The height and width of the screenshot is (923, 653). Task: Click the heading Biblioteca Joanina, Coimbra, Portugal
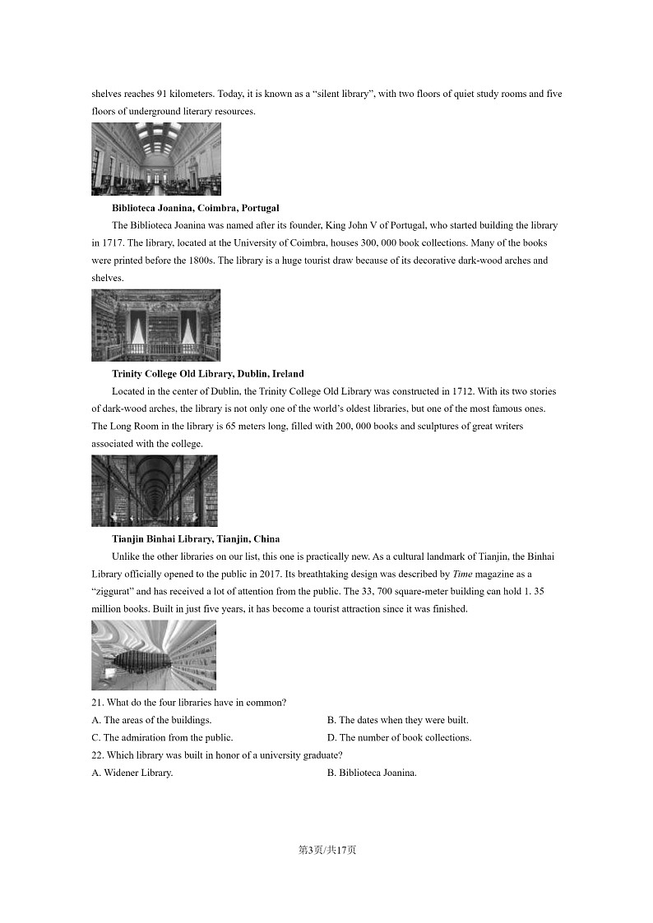click(195, 208)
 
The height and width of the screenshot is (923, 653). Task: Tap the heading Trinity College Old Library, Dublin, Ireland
click(207, 374)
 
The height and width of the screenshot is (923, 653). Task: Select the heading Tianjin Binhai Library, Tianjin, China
click(196, 539)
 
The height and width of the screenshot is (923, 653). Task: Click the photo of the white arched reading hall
click(156, 159)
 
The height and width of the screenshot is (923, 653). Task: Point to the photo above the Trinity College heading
click(156, 325)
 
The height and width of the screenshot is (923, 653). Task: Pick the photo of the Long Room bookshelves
click(155, 491)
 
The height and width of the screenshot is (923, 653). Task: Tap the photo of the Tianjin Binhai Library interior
click(154, 655)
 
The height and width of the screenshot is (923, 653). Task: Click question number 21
click(98, 703)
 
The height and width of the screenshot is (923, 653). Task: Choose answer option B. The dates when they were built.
click(397, 720)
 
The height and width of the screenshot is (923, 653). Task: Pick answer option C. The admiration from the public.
click(162, 737)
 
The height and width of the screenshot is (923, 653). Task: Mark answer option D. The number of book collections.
click(399, 737)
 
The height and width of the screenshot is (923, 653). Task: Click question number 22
click(98, 755)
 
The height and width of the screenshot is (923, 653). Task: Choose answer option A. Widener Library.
click(132, 773)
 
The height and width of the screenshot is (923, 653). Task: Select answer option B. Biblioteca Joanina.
click(372, 773)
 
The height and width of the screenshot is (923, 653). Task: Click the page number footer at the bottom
click(326, 850)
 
